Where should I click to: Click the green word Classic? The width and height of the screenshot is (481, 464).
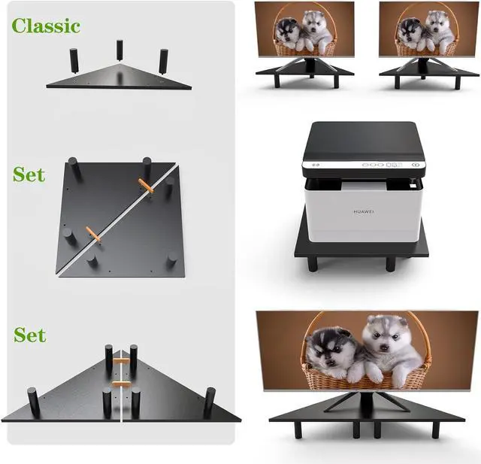click(x=46, y=26)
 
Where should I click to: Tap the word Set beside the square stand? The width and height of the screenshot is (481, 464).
click(x=29, y=174)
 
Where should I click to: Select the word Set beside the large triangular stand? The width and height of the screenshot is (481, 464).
click(x=29, y=335)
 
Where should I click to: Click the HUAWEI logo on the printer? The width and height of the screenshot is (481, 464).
click(x=363, y=212)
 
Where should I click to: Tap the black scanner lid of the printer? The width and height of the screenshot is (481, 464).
click(x=364, y=138)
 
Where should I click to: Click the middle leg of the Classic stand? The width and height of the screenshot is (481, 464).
click(x=119, y=50)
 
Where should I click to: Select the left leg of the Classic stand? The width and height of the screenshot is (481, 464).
click(x=74, y=59)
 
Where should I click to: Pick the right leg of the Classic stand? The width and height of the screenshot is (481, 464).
click(x=163, y=61)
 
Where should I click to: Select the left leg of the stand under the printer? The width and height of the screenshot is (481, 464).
click(x=312, y=263)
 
